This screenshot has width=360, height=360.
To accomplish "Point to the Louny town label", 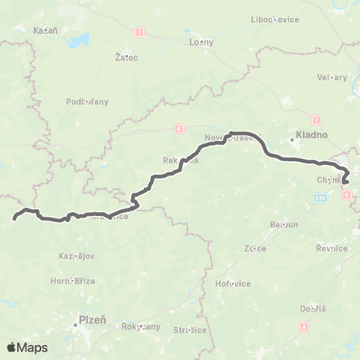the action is [x=202, y=43].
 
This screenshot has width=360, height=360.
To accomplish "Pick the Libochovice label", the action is [x=275, y=18].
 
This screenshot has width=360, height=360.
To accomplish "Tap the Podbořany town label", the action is [x=88, y=101].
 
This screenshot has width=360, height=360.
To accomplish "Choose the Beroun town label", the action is [x=284, y=224].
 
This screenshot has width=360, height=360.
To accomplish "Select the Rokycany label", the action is [x=142, y=326].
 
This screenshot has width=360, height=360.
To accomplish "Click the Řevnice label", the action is [x=331, y=248].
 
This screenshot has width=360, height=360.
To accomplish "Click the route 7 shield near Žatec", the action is [x=139, y=33].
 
